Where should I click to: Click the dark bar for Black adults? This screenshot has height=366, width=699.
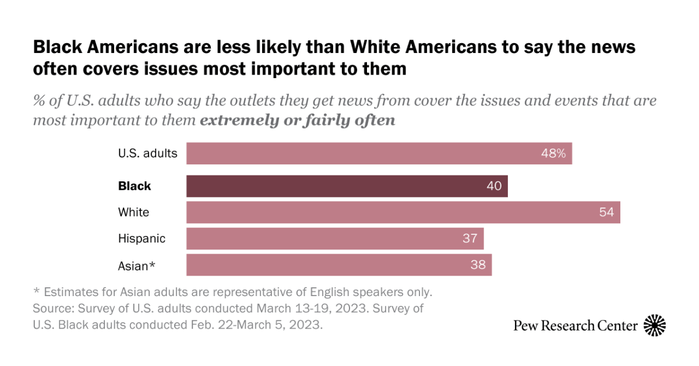tap(347, 186)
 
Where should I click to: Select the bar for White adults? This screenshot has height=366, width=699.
tap(403, 213)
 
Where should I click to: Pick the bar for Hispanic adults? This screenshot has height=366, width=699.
tap(335, 238)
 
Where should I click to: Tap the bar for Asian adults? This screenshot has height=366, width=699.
tap(339, 265)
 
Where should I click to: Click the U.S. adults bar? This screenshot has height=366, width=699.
tap(379, 154)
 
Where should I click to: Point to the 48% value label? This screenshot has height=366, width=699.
tap(553, 154)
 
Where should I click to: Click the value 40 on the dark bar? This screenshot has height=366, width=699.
tap(495, 186)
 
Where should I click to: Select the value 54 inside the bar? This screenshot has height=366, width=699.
tap(606, 213)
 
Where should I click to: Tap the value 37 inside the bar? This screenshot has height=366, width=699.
tap(470, 238)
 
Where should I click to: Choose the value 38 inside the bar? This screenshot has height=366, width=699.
tap(478, 265)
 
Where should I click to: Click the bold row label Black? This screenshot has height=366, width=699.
tap(135, 186)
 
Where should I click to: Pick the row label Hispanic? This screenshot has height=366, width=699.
tap(142, 238)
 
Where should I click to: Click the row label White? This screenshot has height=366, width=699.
tap(133, 213)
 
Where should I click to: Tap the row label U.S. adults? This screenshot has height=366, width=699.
tap(147, 154)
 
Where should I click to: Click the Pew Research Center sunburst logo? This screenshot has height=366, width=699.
tap(655, 325)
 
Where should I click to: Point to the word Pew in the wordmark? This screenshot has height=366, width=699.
tap(524, 326)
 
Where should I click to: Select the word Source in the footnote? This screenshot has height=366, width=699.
tap(51, 308)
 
